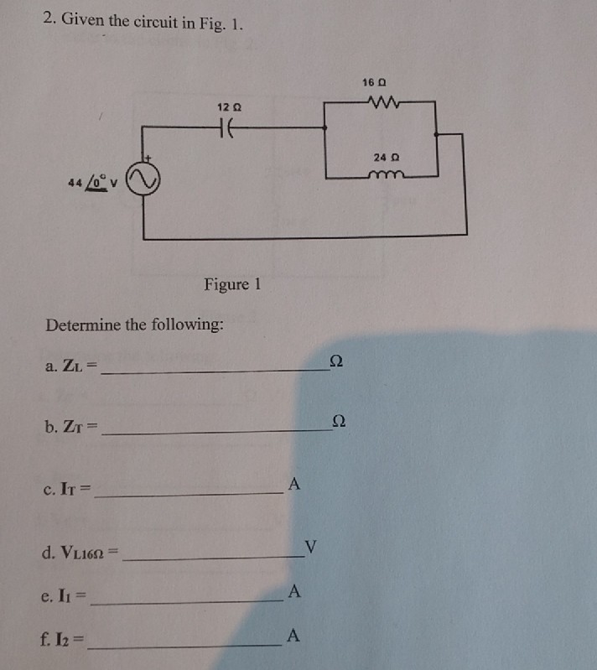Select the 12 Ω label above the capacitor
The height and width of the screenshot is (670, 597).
click(x=228, y=107)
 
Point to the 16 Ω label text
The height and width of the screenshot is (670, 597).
click(x=375, y=82)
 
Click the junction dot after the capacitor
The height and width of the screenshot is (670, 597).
click(x=325, y=128)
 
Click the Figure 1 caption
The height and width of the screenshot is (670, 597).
click(x=232, y=284)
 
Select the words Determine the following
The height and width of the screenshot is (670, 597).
click(x=134, y=325)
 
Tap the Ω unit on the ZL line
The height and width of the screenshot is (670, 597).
click(x=336, y=361)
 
